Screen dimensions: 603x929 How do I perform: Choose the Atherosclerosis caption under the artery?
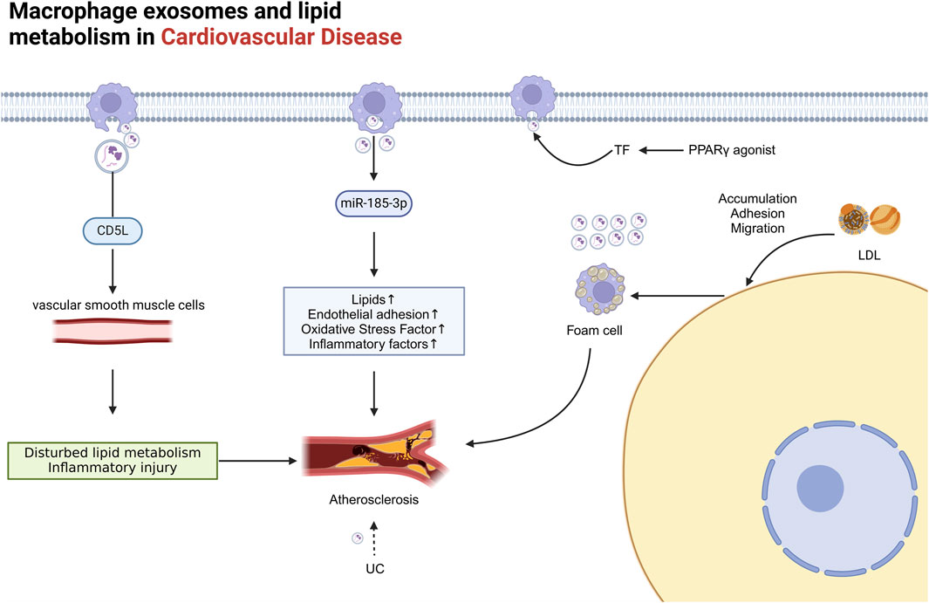(375, 500)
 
